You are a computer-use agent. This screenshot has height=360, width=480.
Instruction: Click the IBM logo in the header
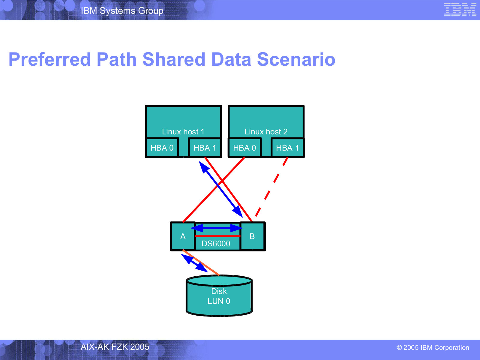click(x=460, y=10)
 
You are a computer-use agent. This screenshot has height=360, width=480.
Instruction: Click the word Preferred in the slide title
click(x=49, y=59)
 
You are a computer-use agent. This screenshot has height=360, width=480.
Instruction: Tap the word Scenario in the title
click(x=296, y=59)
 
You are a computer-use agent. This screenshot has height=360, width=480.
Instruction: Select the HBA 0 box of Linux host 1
click(x=162, y=148)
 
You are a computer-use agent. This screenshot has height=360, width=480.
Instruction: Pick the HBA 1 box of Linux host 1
click(x=205, y=148)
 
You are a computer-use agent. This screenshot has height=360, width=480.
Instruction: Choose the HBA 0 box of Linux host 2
click(x=245, y=148)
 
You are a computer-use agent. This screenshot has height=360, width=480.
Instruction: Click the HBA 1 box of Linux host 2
click(x=288, y=148)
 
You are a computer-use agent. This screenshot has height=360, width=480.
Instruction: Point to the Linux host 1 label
click(x=183, y=132)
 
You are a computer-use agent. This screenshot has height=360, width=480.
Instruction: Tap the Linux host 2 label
click(x=266, y=132)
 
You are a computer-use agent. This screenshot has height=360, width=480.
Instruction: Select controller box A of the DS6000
click(x=183, y=236)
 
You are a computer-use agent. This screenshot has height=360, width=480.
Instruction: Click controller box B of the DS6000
click(x=252, y=236)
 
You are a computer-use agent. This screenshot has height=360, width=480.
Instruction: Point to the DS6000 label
click(x=216, y=244)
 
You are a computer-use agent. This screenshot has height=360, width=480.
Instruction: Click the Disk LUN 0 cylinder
click(x=219, y=295)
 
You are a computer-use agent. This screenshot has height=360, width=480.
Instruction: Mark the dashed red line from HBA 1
click(x=271, y=187)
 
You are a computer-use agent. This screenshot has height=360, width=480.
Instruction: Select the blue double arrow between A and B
click(x=217, y=228)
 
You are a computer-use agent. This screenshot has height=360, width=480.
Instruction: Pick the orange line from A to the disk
click(x=201, y=263)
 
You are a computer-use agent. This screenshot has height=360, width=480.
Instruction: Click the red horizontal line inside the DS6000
click(x=218, y=236)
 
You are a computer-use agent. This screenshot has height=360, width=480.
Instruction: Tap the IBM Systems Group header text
click(x=122, y=11)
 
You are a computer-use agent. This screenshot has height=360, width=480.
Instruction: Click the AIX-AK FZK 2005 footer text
click(x=115, y=347)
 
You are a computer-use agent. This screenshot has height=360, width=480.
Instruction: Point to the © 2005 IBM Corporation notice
click(x=433, y=347)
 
